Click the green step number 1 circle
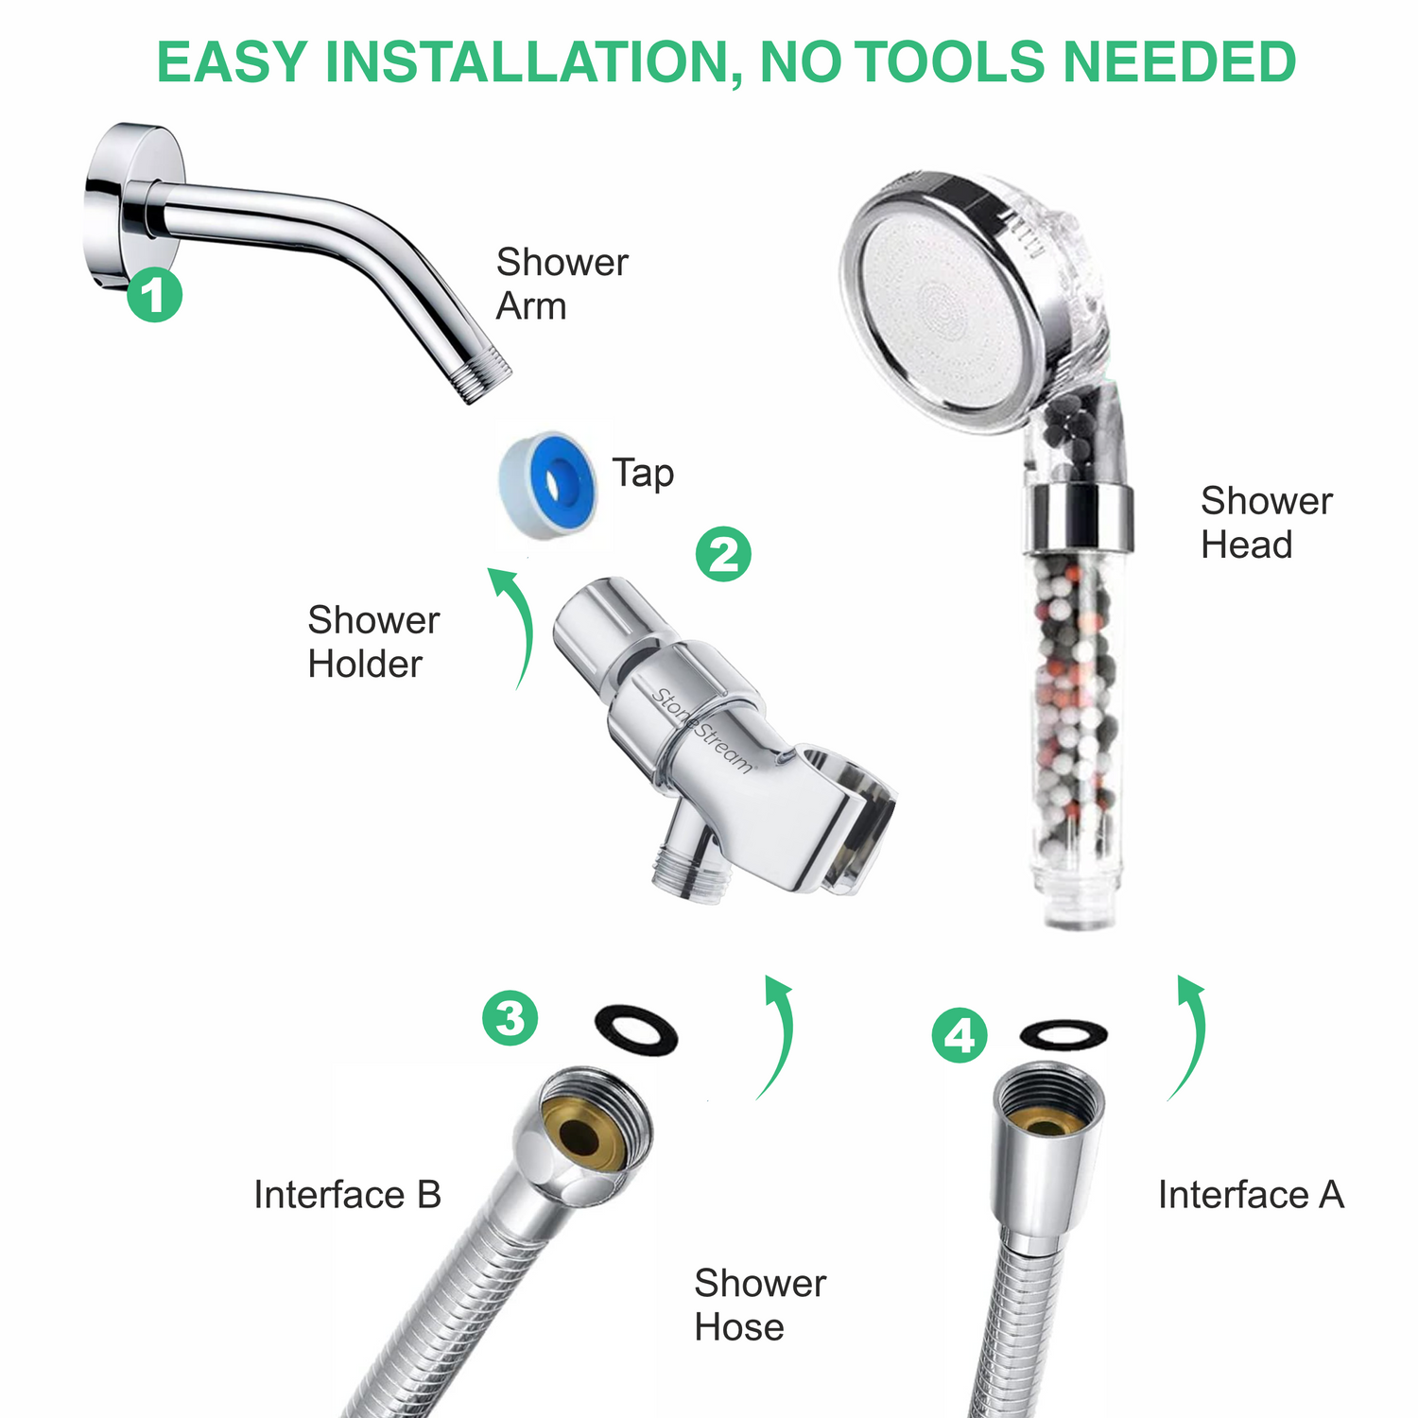[x=155, y=294]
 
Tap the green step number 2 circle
[x=723, y=554]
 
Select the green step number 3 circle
[x=510, y=1018]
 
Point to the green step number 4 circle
[x=960, y=1035]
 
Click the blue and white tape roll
[x=546, y=481]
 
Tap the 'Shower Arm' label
[x=562, y=284]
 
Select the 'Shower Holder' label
[x=373, y=642]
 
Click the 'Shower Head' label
[x=1266, y=522]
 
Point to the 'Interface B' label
[x=347, y=1195]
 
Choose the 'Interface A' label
[x=1251, y=1195]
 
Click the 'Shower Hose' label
[x=759, y=1305]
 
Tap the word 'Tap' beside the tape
[x=643, y=473]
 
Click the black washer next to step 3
[x=635, y=1029]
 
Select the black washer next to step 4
[x=1063, y=1034]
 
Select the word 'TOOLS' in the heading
[x=954, y=62]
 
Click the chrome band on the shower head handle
[x=1078, y=517]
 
